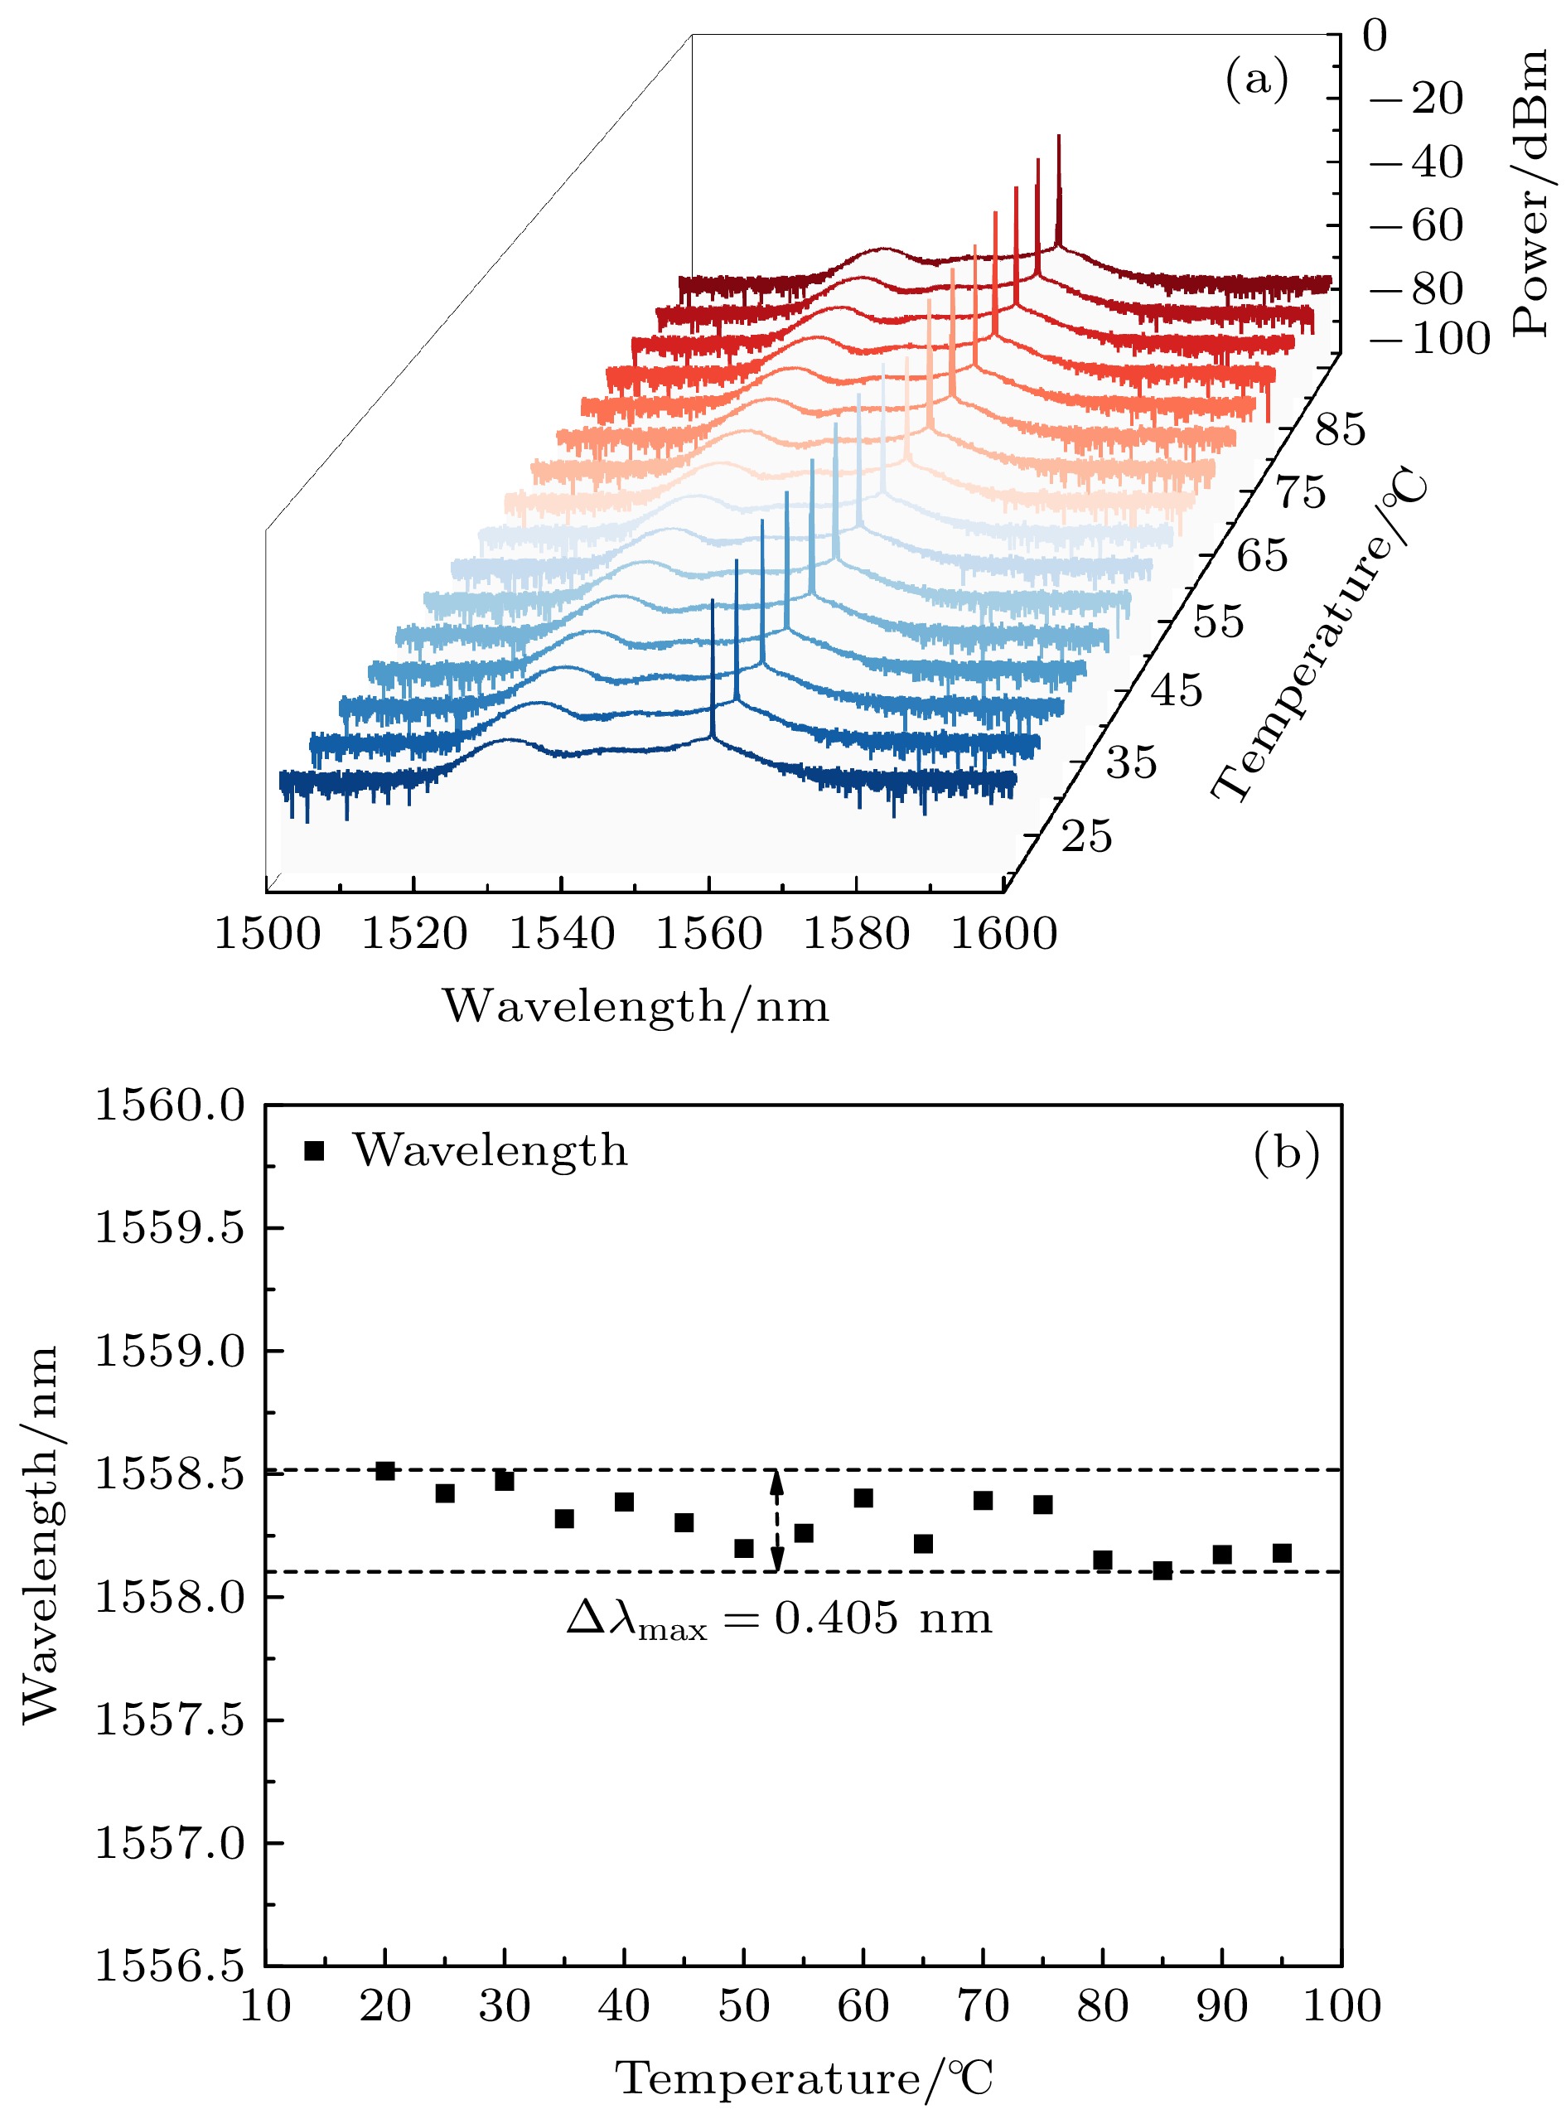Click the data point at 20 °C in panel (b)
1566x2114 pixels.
[384, 1470]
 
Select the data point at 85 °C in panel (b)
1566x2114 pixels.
[1162, 1571]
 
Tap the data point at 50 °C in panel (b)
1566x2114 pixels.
[744, 1548]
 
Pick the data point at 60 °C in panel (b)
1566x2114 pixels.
[863, 1497]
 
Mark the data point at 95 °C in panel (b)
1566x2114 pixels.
[1283, 1553]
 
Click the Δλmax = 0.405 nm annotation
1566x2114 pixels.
[779, 1618]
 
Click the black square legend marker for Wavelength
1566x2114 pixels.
[315, 1151]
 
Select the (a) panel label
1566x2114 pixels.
[1257, 79]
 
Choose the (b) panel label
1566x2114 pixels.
[1285, 1152]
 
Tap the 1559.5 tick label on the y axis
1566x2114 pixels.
[170, 1227]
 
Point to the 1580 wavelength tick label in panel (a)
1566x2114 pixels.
[856, 934]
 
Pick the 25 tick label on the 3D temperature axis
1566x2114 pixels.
[1086, 837]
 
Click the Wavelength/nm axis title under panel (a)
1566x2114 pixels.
[636, 1006]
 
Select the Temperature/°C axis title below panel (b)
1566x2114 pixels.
[805, 2078]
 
